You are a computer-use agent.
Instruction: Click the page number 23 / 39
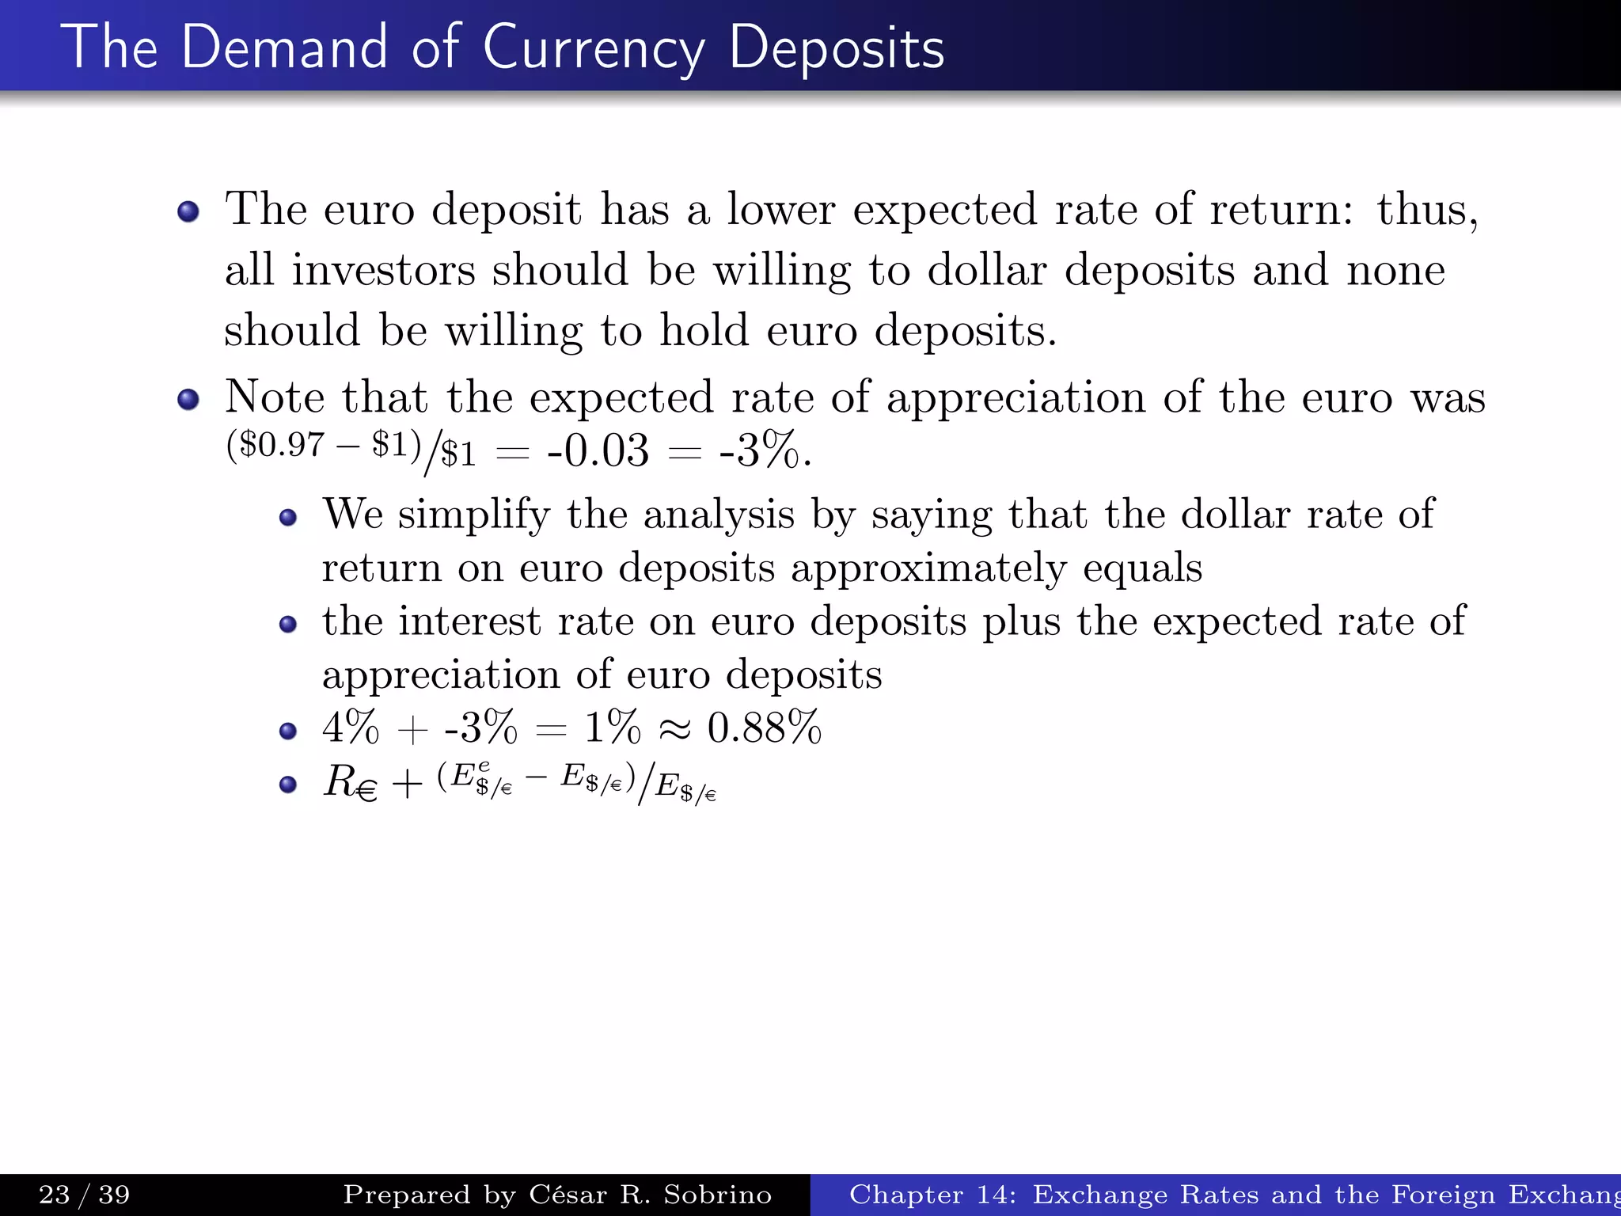(84, 1195)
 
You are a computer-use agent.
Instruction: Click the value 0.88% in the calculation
(765, 728)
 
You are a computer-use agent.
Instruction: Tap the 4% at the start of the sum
(351, 728)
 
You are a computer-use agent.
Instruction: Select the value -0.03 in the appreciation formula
(598, 450)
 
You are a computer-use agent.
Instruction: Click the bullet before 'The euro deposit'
(188, 212)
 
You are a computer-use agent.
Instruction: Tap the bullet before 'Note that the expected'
(188, 400)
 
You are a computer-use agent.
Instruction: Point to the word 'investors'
(383, 270)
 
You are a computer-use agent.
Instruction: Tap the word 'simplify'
(473, 515)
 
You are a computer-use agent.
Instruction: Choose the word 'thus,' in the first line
(1427, 210)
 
